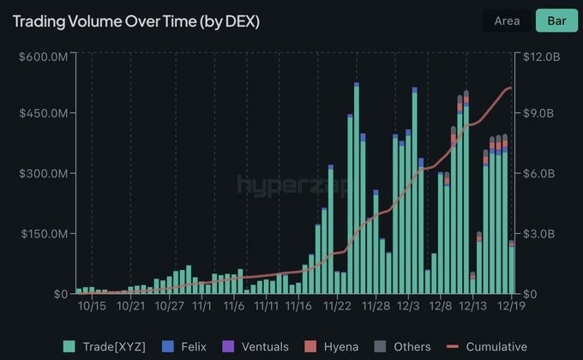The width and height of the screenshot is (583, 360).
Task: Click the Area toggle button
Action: coord(507,21)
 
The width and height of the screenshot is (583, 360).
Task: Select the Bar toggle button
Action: coord(556,21)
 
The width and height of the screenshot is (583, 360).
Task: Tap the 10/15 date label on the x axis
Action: coord(92,305)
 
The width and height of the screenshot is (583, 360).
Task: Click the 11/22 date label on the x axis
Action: coord(337,305)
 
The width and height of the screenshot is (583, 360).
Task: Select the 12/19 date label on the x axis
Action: coord(512,305)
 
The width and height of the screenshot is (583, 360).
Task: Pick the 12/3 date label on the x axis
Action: coord(408,305)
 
